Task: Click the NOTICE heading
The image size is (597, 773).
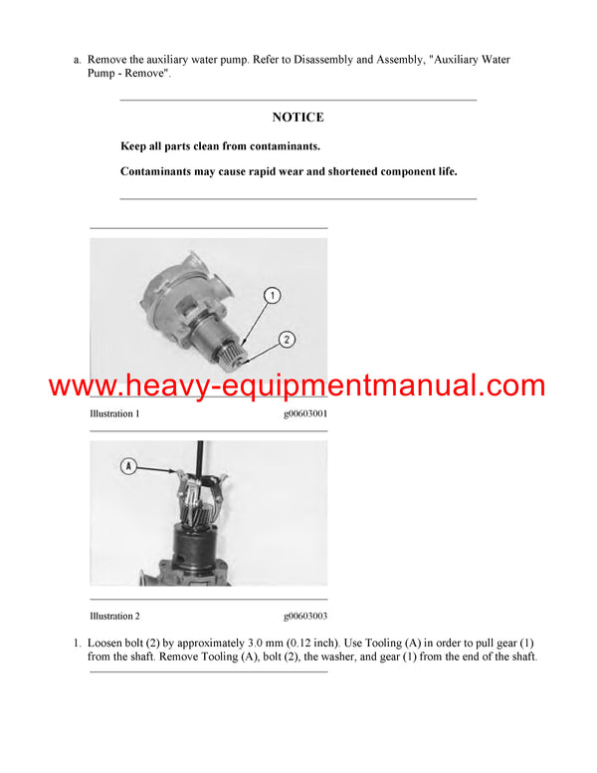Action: pos(298,118)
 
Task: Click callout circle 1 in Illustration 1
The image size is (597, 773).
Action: pos(274,295)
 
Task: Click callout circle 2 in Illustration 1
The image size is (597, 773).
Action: pos(286,339)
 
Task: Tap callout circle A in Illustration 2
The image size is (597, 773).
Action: pos(128,465)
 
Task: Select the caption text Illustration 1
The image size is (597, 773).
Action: pos(114,413)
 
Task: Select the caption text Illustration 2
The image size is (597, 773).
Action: pos(114,617)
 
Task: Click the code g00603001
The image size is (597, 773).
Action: pos(305,413)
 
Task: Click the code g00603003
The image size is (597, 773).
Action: pos(305,617)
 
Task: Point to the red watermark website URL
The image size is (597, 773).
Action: pos(298,386)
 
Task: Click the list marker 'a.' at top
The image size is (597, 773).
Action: pos(77,60)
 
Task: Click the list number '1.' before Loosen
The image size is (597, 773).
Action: pos(77,642)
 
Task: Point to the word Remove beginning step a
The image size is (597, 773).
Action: pos(110,60)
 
